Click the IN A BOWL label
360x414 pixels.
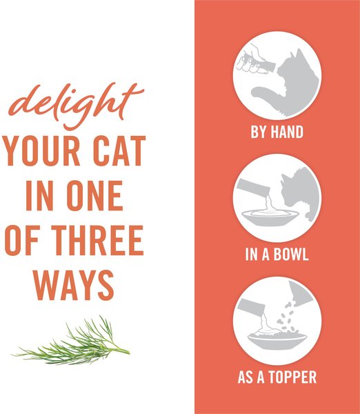(x=277, y=255)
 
